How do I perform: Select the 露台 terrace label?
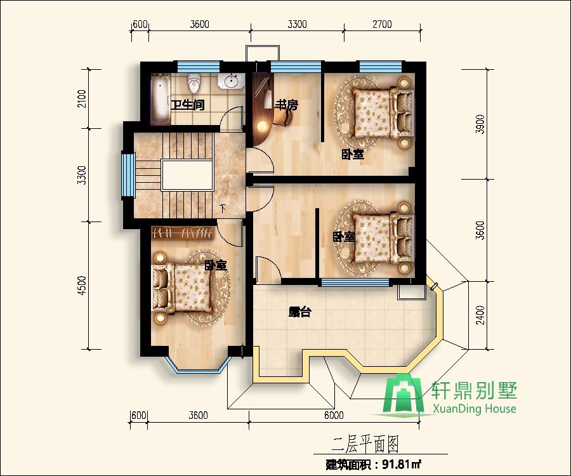click(299, 312)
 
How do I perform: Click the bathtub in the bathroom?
click(159, 99)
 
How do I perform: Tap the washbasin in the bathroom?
click(232, 81)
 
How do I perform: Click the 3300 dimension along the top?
click(297, 25)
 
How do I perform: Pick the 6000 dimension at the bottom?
click(333, 416)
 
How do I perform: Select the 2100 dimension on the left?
click(81, 98)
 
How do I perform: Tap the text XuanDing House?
click(474, 409)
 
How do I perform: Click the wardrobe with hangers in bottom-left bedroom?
click(183, 233)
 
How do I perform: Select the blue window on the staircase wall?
click(126, 175)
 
